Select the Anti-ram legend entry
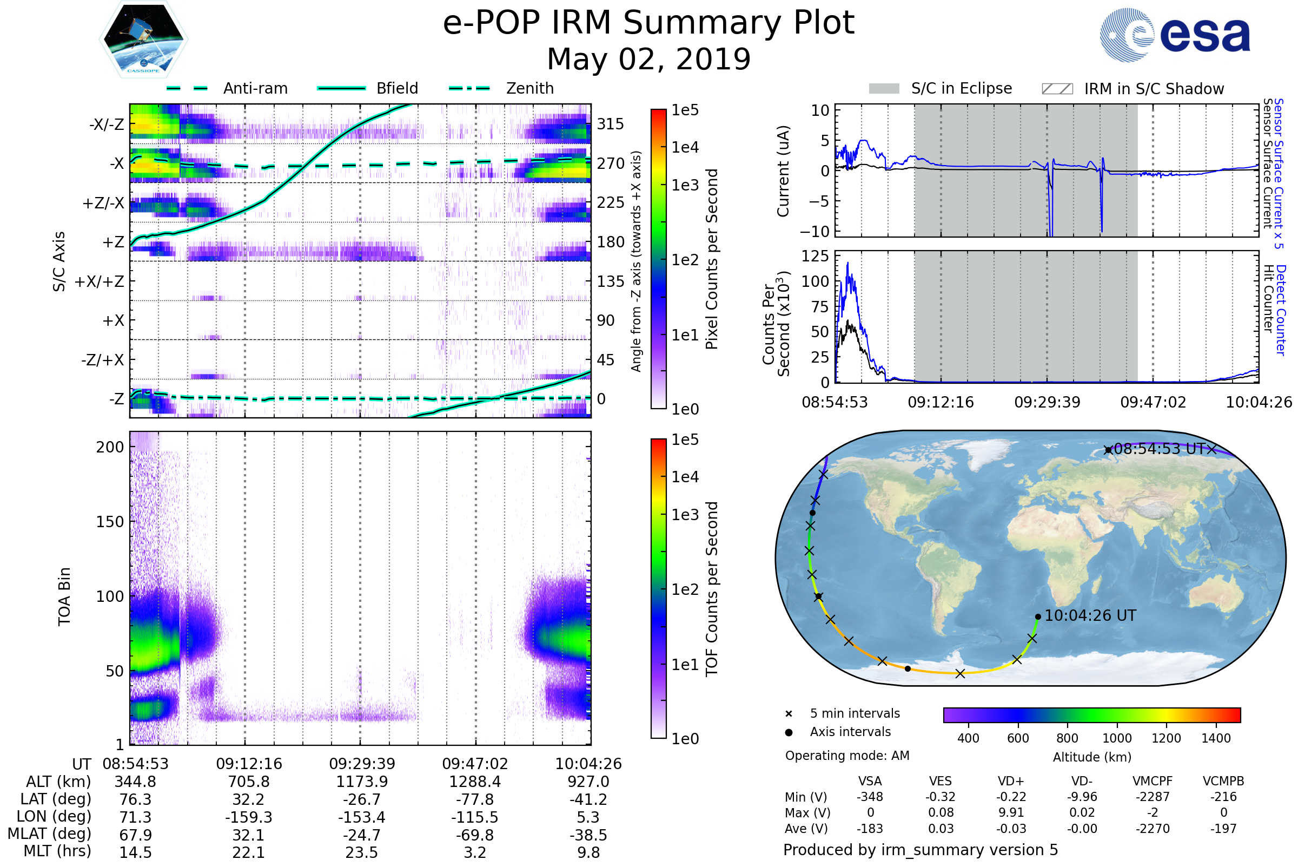coord(255,88)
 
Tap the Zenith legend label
coord(530,88)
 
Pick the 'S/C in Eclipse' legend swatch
coord(884,89)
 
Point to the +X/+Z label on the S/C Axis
coord(100,281)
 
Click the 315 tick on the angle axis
coord(610,124)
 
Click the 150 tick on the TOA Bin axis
coord(110,522)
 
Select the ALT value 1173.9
coord(362,782)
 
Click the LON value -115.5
coord(475,817)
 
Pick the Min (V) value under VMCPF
coord(1153,797)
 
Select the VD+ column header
coord(1011,782)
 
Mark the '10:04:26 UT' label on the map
coord(1090,616)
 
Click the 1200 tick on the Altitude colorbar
coord(1166,738)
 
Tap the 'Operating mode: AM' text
coord(847,756)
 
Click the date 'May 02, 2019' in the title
coord(648,59)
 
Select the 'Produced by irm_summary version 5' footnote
coord(920,850)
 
